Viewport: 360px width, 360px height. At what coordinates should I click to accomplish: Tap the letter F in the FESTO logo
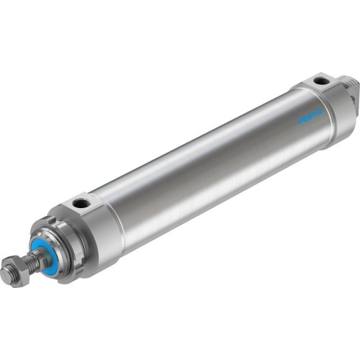(283, 117)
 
